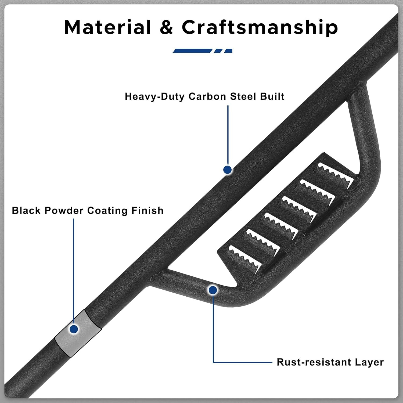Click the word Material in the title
108,27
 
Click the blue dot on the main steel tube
228,170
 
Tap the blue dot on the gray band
74,329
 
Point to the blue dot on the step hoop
213,290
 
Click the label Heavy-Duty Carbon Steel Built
204,96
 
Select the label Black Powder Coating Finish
88,211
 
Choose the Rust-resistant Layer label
330,362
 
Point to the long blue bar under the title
192,51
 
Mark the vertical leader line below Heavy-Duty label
228,134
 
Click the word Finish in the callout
147,211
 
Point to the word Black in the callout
26,211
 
